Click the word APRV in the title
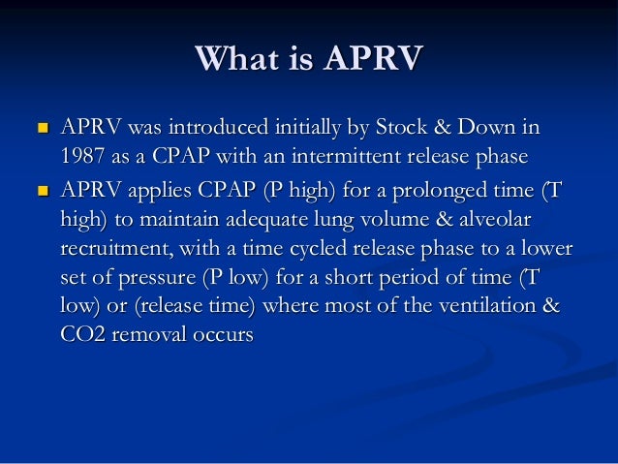pyautogui.click(x=374, y=59)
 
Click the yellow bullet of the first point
pyautogui.click(x=41, y=128)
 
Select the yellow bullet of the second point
pyautogui.click(x=41, y=191)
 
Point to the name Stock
pyautogui.click(x=430, y=128)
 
